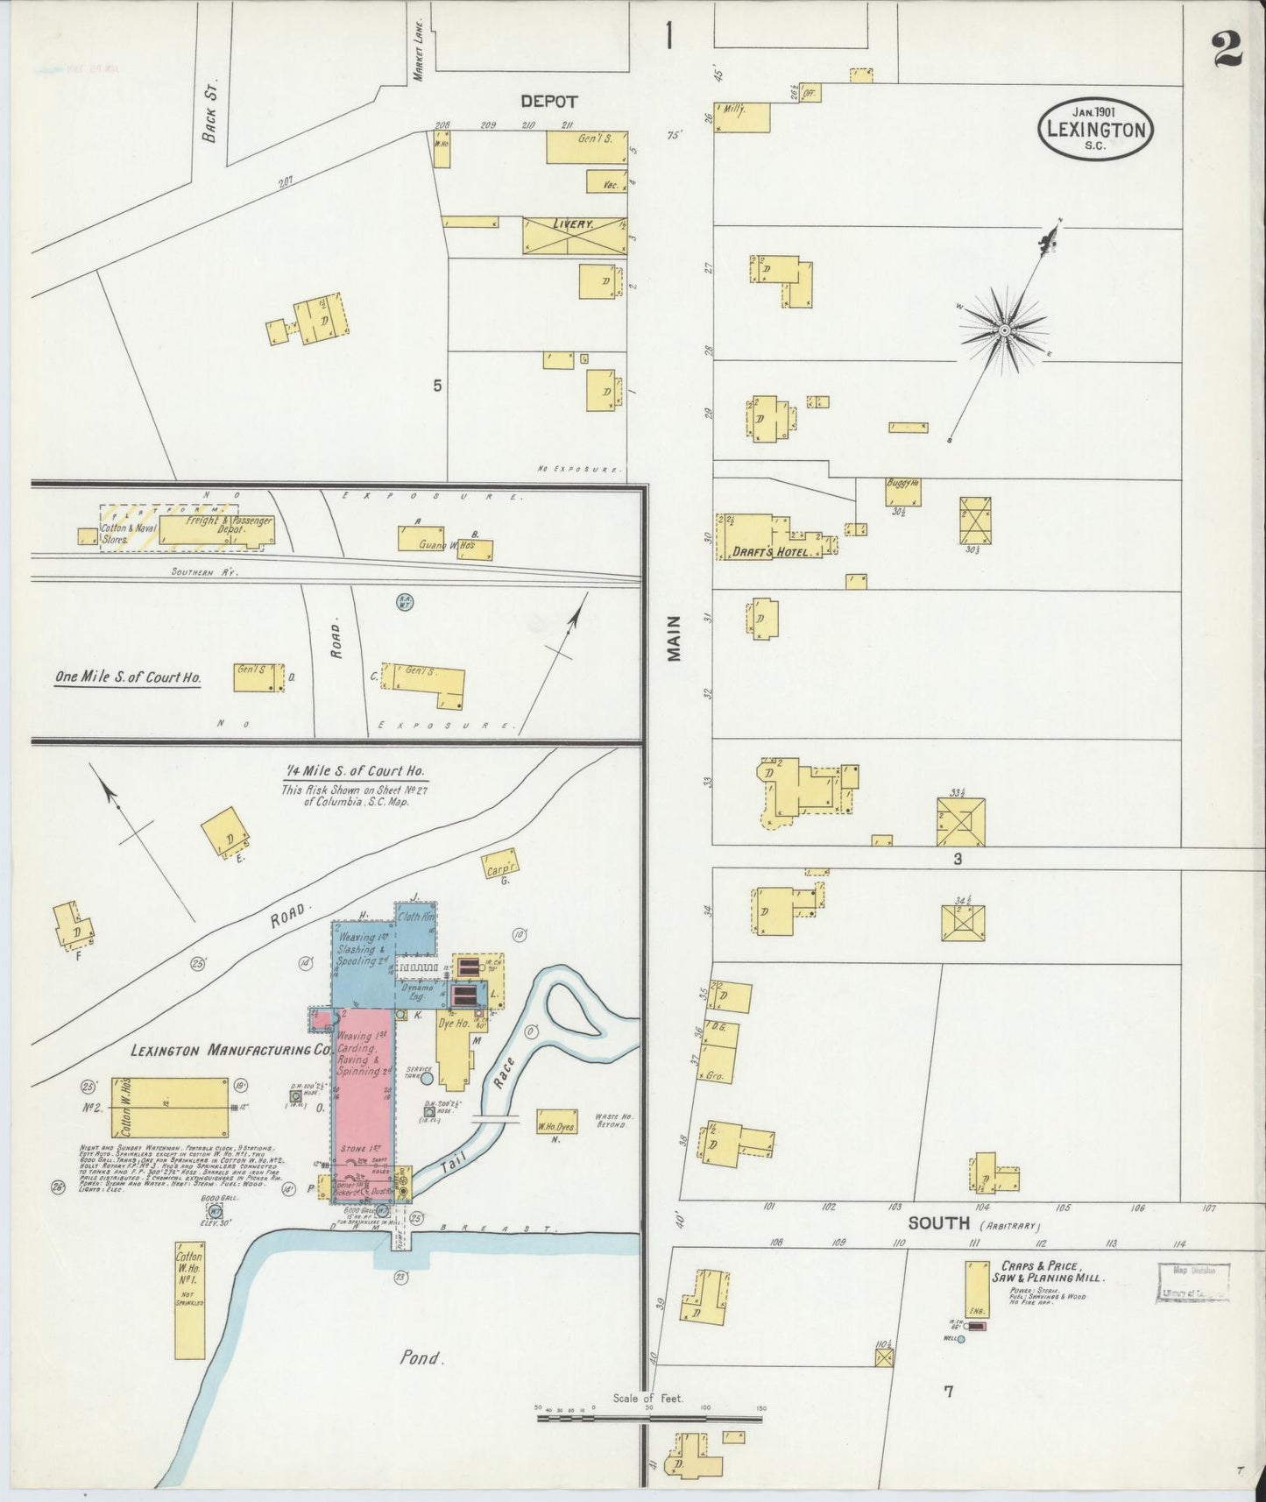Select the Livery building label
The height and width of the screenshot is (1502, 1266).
(x=573, y=224)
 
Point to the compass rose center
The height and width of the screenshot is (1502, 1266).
(x=1004, y=330)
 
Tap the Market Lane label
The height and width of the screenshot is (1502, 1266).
(x=419, y=51)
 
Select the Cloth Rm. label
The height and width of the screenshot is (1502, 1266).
(x=415, y=917)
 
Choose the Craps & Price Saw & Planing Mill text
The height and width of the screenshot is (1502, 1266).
(x=1048, y=1272)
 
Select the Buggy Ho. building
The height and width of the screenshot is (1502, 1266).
(x=902, y=492)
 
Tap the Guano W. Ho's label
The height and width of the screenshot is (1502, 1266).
(x=444, y=545)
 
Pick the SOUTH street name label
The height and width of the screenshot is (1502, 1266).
(x=938, y=1222)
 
